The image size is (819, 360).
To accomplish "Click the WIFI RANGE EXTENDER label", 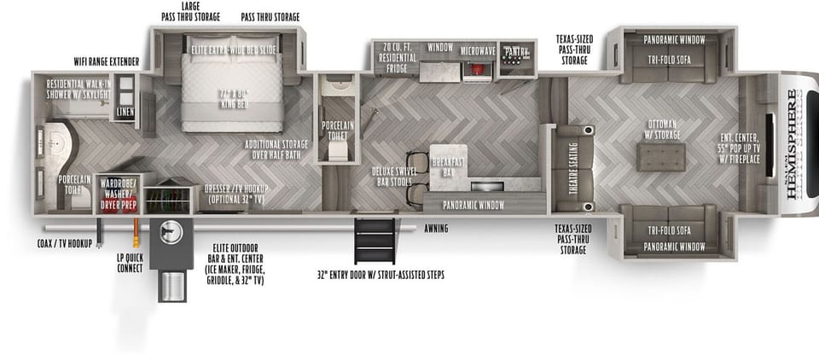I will point(106,61).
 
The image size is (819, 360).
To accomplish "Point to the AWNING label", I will point(435,229).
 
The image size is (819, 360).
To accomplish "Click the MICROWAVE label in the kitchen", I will point(478,51).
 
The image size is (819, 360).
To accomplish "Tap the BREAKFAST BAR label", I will point(445,167).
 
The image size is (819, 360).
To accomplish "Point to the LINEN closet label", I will point(125,112).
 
